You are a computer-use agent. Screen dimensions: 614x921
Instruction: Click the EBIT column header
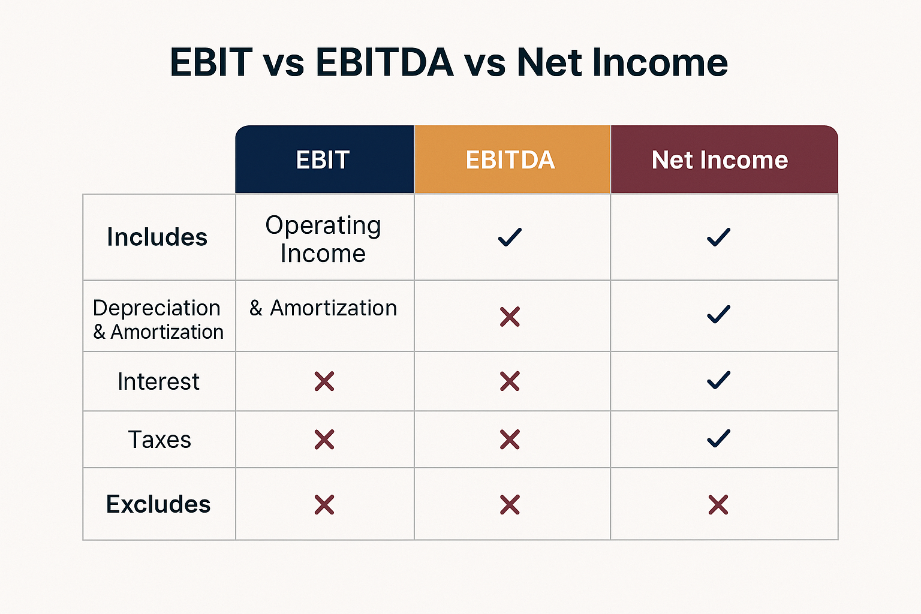tap(323, 160)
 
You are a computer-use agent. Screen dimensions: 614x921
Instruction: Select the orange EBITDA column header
tap(511, 160)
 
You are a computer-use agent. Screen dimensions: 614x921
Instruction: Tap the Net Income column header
tap(720, 160)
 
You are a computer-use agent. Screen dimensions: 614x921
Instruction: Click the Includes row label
tap(157, 237)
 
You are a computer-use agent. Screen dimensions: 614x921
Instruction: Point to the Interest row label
tap(158, 382)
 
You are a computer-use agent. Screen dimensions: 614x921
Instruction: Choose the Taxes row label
tap(159, 440)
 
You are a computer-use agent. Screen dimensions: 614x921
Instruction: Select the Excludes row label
tap(158, 504)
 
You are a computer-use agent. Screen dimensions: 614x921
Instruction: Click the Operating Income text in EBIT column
tap(323, 239)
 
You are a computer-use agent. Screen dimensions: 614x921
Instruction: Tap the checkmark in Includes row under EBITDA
tap(510, 237)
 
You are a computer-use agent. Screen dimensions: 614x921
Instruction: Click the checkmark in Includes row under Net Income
tap(718, 237)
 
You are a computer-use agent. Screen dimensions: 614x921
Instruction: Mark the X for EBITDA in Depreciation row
tap(510, 317)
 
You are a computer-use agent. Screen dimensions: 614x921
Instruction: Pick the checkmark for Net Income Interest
tap(718, 380)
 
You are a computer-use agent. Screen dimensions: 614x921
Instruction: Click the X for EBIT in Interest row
tap(324, 381)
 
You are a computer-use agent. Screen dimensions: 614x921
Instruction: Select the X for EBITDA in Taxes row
tap(510, 440)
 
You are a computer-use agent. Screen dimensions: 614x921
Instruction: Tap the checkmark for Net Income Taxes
tap(718, 439)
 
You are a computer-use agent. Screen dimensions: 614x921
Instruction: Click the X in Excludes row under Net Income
tap(718, 505)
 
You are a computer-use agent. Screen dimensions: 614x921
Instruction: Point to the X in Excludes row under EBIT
tap(324, 505)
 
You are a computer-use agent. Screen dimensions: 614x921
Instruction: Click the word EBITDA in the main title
tap(384, 62)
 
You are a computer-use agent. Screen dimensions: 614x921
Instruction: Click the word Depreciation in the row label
tap(156, 308)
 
